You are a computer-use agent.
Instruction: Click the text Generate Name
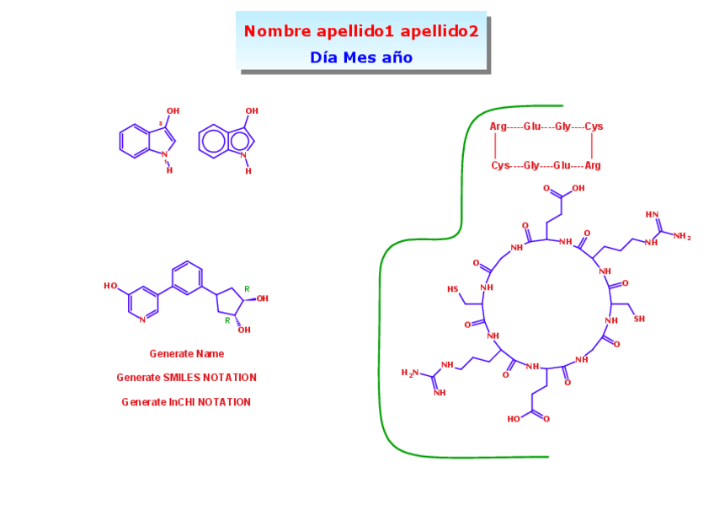[x=186, y=354]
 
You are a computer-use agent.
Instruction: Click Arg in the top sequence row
[x=498, y=126]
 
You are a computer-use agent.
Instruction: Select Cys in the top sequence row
[x=594, y=126]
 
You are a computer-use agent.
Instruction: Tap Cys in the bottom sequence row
[x=500, y=165]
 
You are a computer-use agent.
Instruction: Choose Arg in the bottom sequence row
[x=593, y=165]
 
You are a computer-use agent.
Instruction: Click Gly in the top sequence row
[x=562, y=126]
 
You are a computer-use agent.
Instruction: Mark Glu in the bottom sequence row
[x=562, y=165]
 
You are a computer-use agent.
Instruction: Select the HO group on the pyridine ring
[x=110, y=286]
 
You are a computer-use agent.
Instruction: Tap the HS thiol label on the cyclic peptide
[x=452, y=289]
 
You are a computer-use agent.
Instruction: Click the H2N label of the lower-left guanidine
[x=408, y=373]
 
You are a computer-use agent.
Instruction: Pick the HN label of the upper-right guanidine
[x=650, y=214]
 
